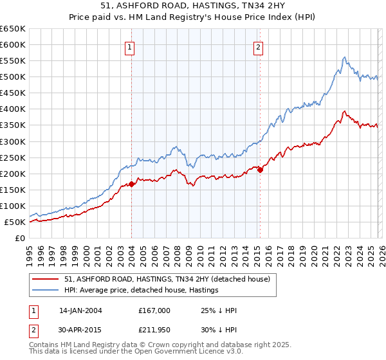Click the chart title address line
[x=193, y=7]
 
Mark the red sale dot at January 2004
[x=131, y=184]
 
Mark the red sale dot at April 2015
[x=260, y=170]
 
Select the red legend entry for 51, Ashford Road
[x=170, y=278]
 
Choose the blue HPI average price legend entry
[x=141, y=291]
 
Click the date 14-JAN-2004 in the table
[x=80, y=310]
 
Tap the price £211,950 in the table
[x=154, y=331]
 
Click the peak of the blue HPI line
[x=345, y=57]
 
